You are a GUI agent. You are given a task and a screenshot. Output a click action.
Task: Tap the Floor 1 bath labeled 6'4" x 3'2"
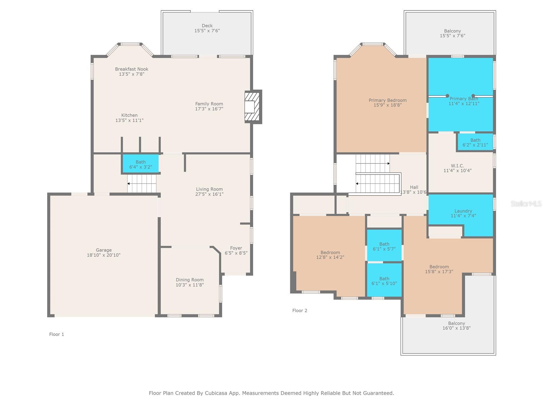[x=141, y=164]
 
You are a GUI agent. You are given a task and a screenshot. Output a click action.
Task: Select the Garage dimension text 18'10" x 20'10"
[x=104, y=255]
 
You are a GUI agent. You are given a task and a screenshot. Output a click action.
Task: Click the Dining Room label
[x=190, y=280]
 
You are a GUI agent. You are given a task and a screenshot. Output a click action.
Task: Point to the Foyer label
[x=236, y=248]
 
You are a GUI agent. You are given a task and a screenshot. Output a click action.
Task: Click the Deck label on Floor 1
[x=207, y=25]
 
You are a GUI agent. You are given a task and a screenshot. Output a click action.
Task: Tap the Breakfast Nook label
[x=132, y=69]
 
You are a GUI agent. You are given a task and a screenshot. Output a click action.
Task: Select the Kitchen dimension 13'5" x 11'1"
[x=129, y=120]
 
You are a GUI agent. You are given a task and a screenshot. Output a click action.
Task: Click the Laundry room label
[x=463, y=211]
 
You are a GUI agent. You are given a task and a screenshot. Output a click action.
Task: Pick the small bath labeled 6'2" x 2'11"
[x=475, y=142]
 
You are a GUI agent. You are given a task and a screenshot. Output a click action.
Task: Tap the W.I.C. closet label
[x=457, y=166]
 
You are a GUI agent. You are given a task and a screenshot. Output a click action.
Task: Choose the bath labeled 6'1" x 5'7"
[x=384, y=246]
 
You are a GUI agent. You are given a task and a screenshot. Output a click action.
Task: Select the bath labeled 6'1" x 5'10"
[x=384, y=281]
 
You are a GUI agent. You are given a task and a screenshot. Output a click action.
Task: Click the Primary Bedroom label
[x=388, y=100]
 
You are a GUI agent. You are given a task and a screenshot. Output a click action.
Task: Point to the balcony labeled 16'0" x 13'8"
[x=456, y=326]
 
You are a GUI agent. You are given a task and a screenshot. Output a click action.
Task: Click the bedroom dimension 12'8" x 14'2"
[x=330, y=257]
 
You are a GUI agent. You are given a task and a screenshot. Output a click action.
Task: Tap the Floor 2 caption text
[x=300, y=310]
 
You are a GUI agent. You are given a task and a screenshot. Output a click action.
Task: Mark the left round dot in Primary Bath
[x=447, y=96]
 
